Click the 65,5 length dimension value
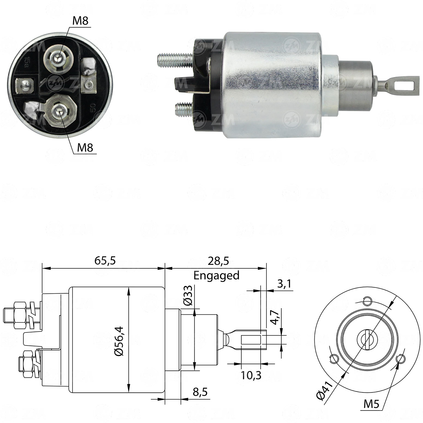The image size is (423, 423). tap(105, 261)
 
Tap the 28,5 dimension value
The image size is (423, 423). tap(218, 261)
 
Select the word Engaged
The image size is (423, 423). tap(216, 276)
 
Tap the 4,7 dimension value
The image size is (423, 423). tap(276, 317)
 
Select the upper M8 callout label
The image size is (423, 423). tap(81, 21)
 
